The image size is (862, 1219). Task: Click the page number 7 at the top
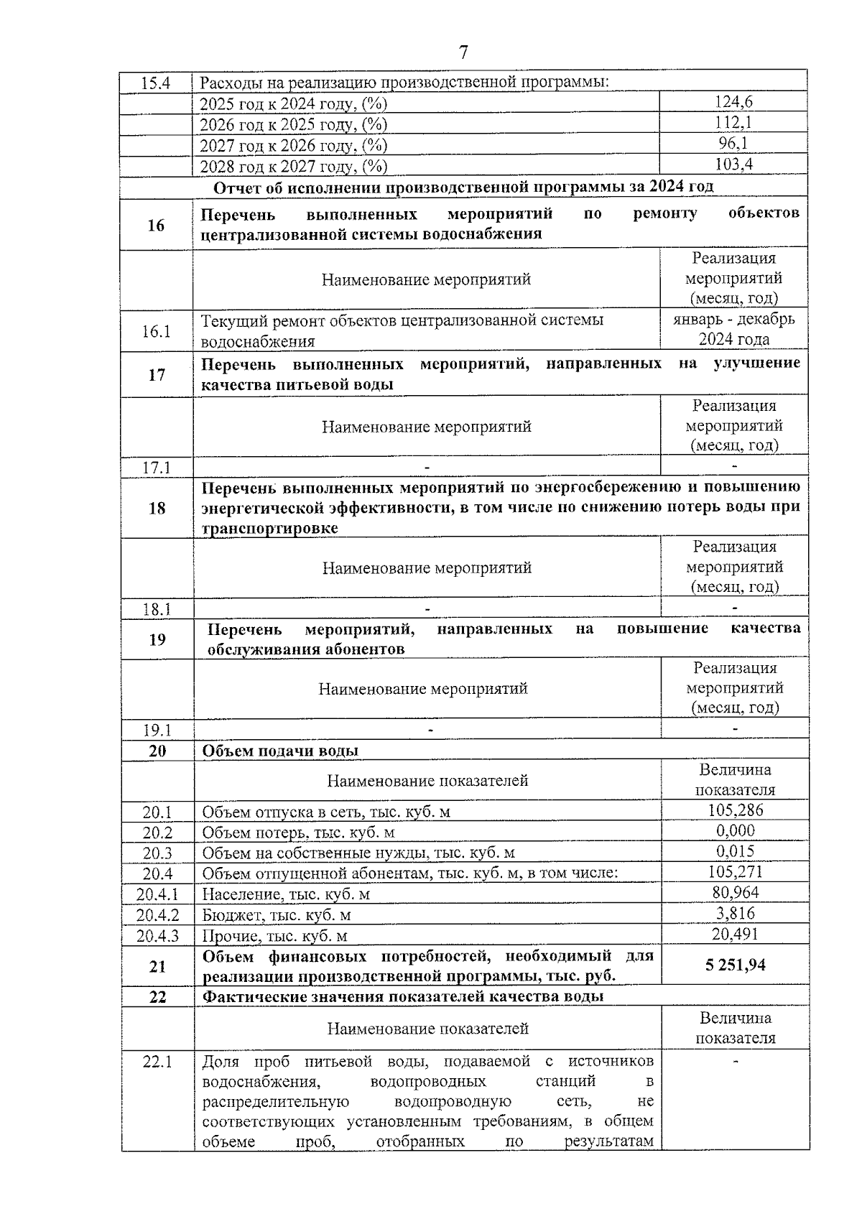[463, 52]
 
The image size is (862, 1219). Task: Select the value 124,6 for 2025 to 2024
[733, 102]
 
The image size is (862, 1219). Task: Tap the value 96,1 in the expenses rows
[733, 144]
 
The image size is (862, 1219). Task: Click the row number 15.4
[155, 83]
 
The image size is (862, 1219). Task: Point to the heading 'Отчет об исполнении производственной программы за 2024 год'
[464, 187]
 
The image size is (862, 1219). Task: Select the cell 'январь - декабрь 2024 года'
[733, 329]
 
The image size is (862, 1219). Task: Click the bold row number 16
[156, 226]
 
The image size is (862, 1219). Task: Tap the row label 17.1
[156, 467]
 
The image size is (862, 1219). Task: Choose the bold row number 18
[156, 509]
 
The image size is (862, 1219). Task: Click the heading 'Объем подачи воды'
[280, 751]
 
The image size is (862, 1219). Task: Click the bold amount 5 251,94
[735, 965]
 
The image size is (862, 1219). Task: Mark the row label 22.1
[157, 1061]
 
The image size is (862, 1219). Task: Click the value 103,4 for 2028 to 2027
[733, 164]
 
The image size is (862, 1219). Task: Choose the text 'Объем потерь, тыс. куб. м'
[298, 833]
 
